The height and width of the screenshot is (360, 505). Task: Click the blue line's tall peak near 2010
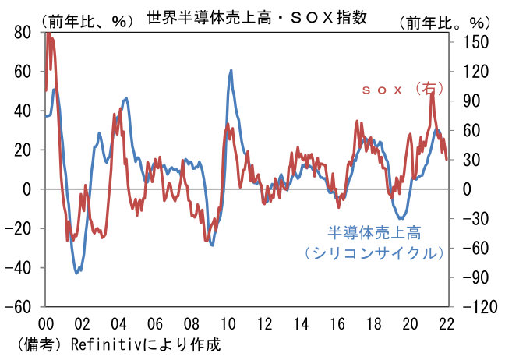point(231,71)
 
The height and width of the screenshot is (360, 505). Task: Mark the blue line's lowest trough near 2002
point(76,273)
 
